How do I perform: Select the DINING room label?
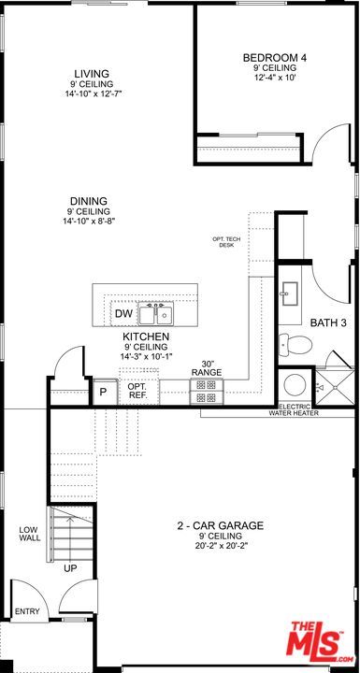(x=88, y=201)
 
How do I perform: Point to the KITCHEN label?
(x=146, y=336)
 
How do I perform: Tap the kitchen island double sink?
(x=156, y=312)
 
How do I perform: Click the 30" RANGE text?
(x=207, y=369)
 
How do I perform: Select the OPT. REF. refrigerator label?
(x=137, y=391)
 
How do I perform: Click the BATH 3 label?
(x=328, y=323)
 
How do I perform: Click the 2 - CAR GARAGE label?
(x=222, y=525)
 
